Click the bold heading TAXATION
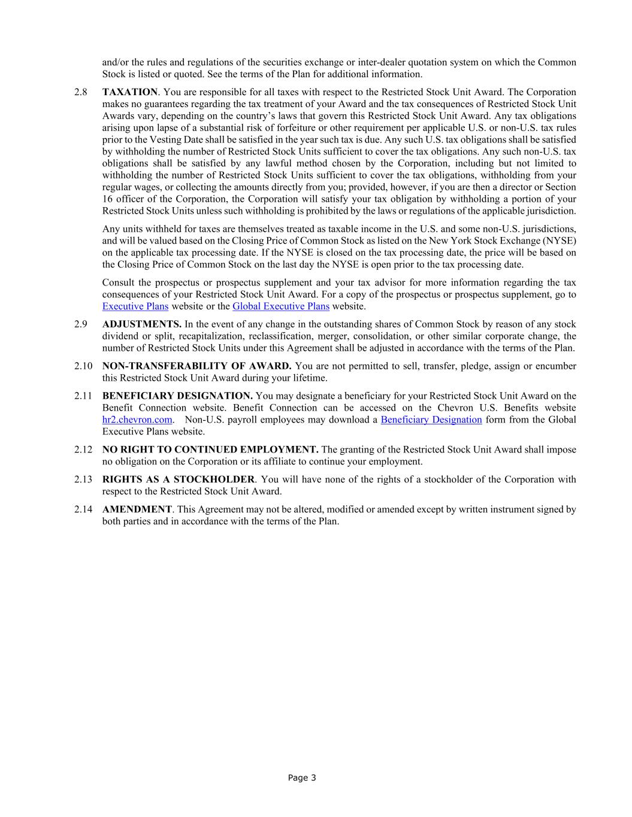(130, 92)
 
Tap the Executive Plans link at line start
(135, 306)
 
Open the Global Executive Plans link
(281, 306)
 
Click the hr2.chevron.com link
(137, 420)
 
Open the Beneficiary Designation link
(431, 420)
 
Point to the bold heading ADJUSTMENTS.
(142, 324)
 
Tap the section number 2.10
(83, 366)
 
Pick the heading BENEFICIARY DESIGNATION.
(177, 396)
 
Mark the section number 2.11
(83, 396)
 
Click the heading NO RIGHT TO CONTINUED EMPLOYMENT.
(210, 449)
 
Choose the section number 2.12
(83, 449)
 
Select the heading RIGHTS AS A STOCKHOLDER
(179, 479)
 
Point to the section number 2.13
(83, 479)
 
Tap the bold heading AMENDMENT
(137, 509)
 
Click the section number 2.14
(83, 509)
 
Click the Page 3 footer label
(302, 778)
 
